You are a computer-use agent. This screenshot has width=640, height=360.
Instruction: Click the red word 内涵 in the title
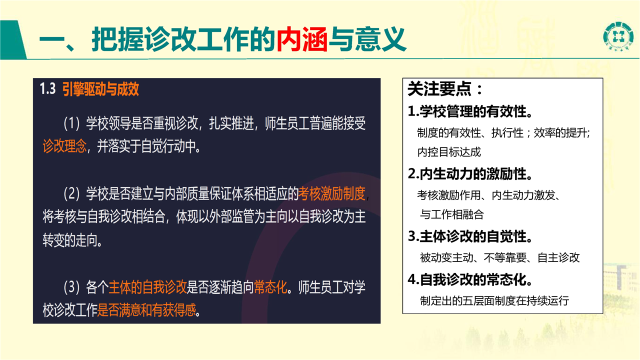coord(302,39)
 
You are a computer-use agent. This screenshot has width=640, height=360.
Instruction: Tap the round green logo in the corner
coord(618,36)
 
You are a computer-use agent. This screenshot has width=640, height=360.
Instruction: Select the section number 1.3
coord(47,88)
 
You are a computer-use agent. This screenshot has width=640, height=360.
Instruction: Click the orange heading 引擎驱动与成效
coord(100,89)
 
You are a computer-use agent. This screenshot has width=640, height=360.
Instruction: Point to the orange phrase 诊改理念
coord(64,146)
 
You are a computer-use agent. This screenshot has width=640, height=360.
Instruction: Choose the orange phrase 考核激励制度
coord(332,193)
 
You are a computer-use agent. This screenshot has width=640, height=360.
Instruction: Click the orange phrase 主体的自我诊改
coord(147,287)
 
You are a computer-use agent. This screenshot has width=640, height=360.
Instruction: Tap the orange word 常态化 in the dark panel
coord(270,287)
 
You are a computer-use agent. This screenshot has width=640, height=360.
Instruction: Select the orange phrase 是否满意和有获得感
coord(147,309)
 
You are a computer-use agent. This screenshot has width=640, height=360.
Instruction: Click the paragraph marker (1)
coord(71,123)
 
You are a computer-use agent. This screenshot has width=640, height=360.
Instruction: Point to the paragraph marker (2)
coord(71,193)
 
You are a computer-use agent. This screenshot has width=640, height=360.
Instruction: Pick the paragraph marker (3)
coord(71,287)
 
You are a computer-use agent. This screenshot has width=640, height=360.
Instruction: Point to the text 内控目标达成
coord(449,152)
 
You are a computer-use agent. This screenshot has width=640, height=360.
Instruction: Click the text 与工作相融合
coord(451,214)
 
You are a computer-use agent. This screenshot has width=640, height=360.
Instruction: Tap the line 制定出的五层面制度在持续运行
coord(494,300)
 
